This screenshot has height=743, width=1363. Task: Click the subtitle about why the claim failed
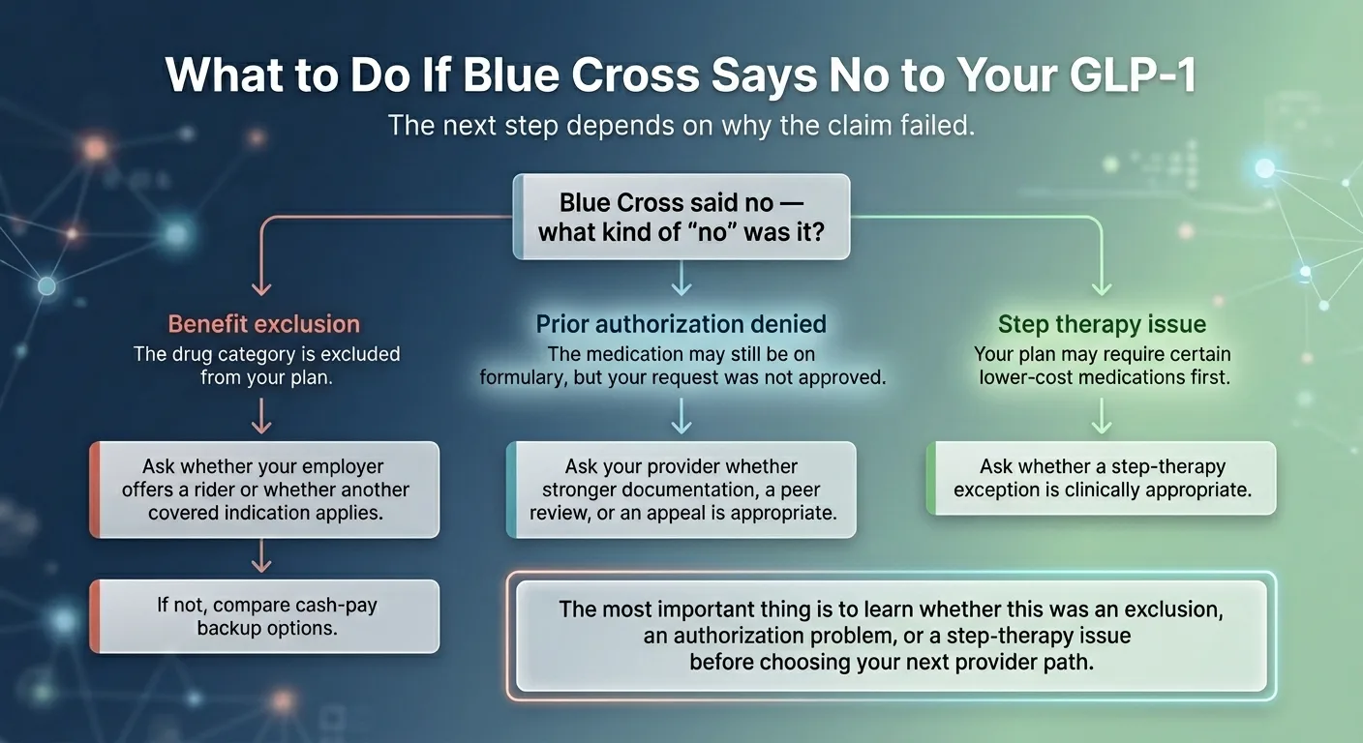[681, 126]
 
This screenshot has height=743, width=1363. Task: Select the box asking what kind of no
[681, 217]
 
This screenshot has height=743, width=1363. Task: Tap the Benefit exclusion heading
[264, 324]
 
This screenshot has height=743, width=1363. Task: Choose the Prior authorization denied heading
[681, 324]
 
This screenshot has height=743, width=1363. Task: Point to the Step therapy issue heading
[1102, 324]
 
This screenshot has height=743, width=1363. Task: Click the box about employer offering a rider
[264, 490]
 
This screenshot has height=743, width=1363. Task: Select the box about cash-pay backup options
[264, 616]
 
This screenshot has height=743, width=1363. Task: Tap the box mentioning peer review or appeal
[681, 490]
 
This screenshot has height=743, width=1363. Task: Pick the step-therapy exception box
[1102, 478]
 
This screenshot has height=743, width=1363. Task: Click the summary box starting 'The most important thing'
[892, 636]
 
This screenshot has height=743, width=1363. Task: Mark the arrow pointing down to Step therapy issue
[1102, 281]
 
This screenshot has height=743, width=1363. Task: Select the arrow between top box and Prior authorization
[681, 281]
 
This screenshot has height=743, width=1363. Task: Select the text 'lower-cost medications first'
[1104, 377]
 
